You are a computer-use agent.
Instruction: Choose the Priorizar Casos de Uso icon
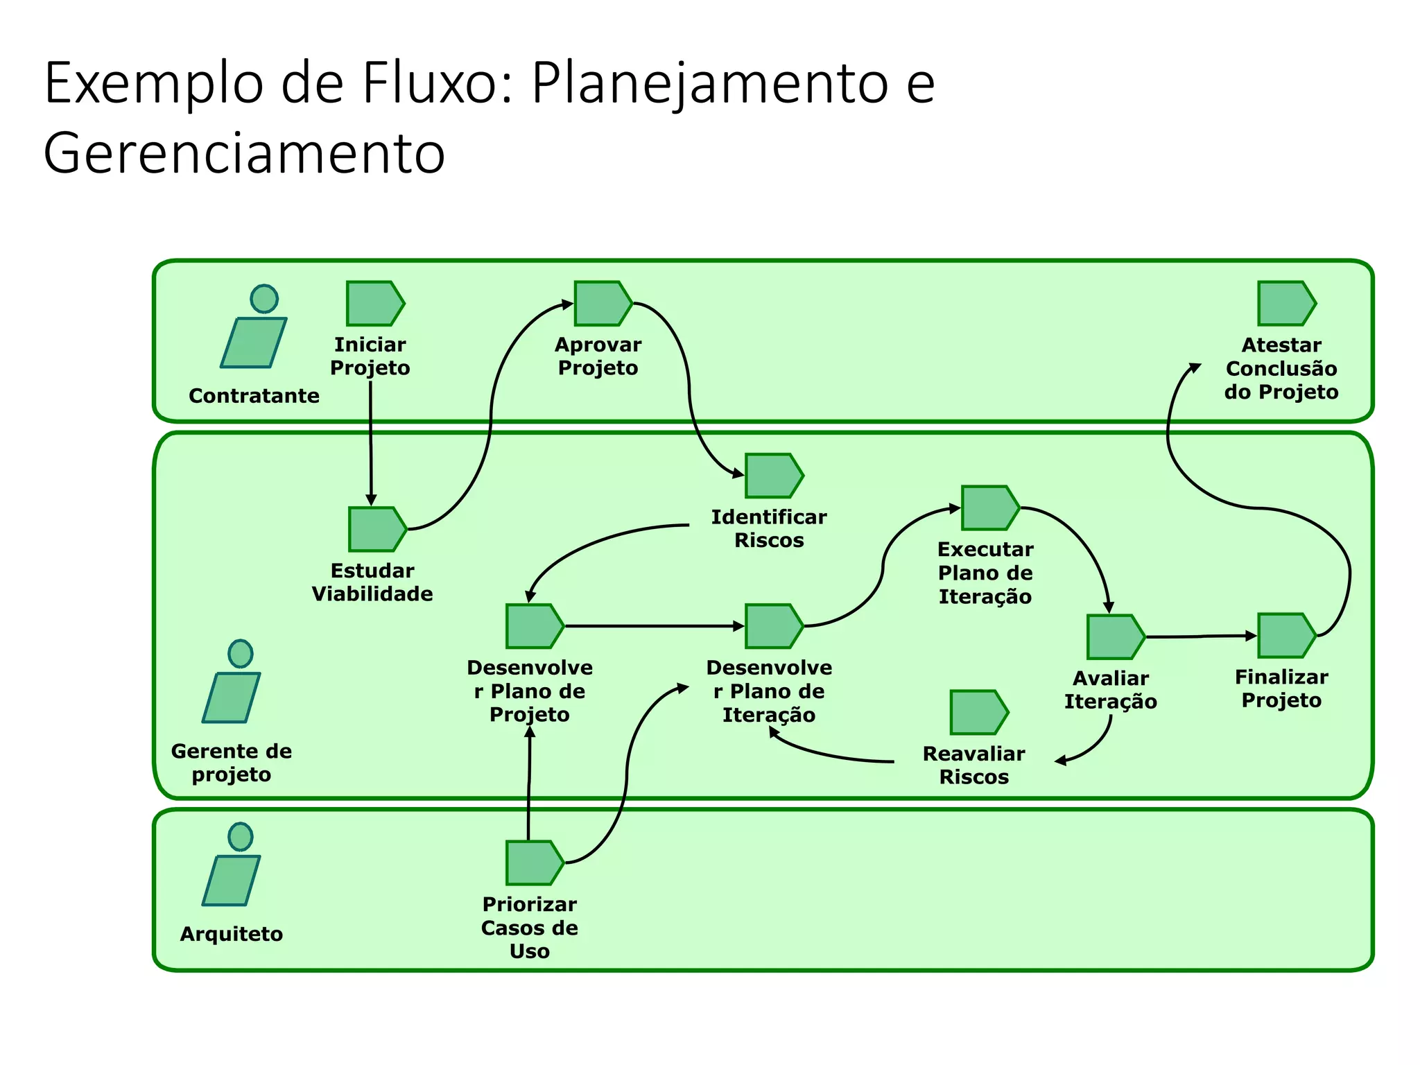[533, 863]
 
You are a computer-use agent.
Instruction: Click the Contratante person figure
[255, 329]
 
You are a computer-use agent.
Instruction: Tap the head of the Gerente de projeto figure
[241, 653]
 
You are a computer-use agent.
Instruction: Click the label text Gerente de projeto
[232, 762]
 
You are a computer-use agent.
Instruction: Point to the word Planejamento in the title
[710, 83]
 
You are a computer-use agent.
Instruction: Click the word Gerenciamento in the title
[244, 153]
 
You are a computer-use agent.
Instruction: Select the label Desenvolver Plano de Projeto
[530, 691]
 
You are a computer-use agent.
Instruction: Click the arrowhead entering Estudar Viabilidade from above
[371, 500]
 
